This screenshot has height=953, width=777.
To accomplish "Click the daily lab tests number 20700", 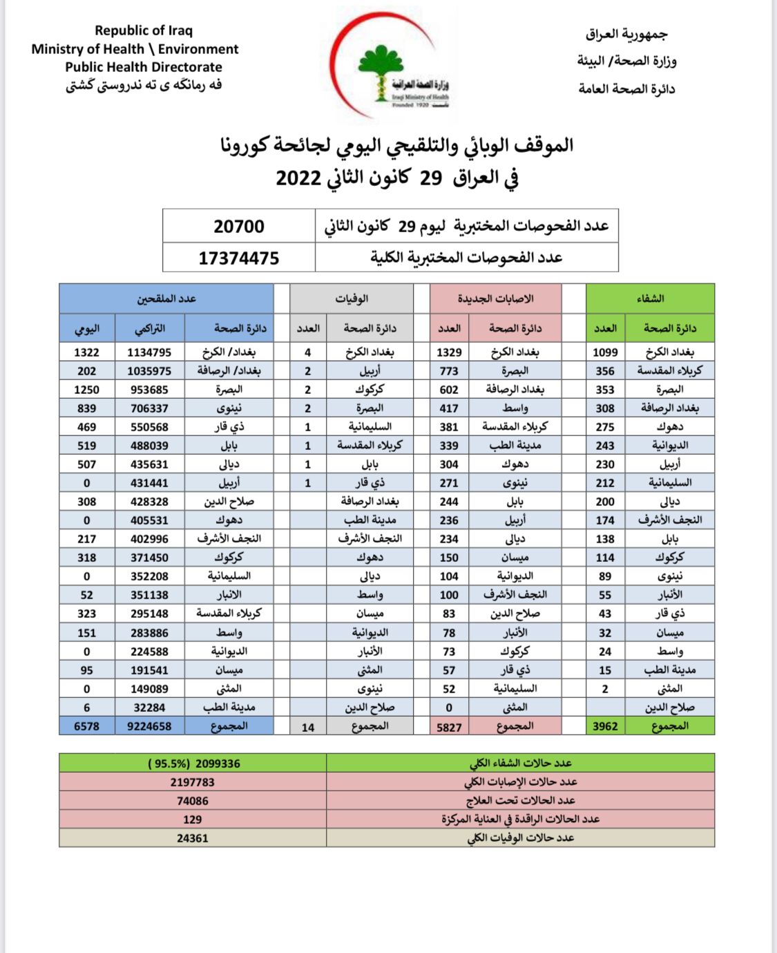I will pos(239,226).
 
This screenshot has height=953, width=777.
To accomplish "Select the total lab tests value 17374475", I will pos(239,258).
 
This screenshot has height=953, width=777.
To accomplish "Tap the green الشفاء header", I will pos(650,299).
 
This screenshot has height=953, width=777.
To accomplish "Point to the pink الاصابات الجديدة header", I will pos(495,299).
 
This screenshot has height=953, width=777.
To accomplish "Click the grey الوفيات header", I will pos(352,299).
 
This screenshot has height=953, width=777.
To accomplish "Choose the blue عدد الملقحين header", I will pos(166,299).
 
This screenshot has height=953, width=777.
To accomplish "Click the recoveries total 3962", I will pos(605,726).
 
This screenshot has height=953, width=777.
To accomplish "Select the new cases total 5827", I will pos(449,727).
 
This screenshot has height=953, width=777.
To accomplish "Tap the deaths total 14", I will pos(308,727).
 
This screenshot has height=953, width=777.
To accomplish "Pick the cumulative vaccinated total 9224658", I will pos(149,726).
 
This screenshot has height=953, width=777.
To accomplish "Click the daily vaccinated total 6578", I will pos(87,726).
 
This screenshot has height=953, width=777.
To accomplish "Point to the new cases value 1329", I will pos(449,352).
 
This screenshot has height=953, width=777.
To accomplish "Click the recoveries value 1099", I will pos(605,352).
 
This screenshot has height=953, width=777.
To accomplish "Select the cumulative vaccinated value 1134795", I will pos(149,352).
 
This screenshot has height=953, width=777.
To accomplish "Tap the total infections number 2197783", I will pos(193,782).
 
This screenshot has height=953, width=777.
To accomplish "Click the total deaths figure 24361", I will pos(193,838).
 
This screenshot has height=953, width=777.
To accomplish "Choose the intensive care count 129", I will pos(193,820).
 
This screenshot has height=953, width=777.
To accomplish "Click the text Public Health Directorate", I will pos(144,67).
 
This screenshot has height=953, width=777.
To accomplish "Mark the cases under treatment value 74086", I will pos(193,801).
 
